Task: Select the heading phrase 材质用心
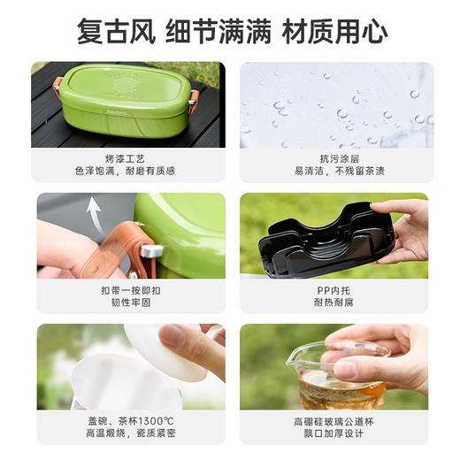point(334,32)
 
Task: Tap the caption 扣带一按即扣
point(127,289)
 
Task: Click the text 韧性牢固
point(127,303)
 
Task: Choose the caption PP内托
point(336,289)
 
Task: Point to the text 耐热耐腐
point(336,303)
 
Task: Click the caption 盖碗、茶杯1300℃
point(127,422)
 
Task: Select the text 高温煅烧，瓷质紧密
point(127,435)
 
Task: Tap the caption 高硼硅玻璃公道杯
point(336,422)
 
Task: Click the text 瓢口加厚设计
point(336,435)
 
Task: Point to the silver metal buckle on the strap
point(151,250)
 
